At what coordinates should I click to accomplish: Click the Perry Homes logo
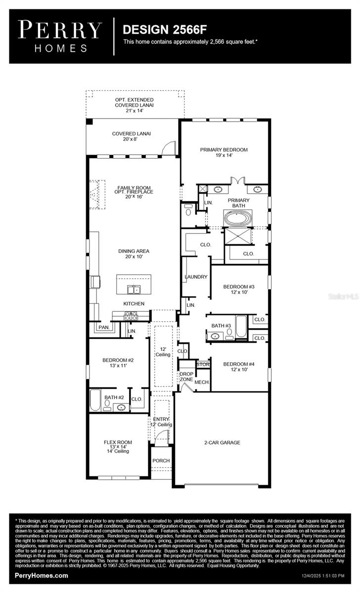(x=60, y=36)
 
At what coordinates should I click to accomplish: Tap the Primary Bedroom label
(x=224, y=152)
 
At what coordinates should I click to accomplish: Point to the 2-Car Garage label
(x=222, y=443)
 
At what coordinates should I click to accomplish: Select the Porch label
(x=161, y=461)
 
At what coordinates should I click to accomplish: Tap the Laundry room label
(x=196, y=277)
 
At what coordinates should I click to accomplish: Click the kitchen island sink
(x=134, y=289)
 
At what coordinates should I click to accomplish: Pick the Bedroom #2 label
(x=118, y=363)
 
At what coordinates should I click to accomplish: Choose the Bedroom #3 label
(x=238, y=289)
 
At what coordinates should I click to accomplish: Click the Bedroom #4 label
(x=238, y=367)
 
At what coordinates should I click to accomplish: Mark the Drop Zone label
(x=186, y=377)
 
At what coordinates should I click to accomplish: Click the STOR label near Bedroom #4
(x=203, y=365)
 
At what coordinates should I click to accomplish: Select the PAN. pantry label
(x=103, y=327)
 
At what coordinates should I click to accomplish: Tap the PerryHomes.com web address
(x=42, y=576)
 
